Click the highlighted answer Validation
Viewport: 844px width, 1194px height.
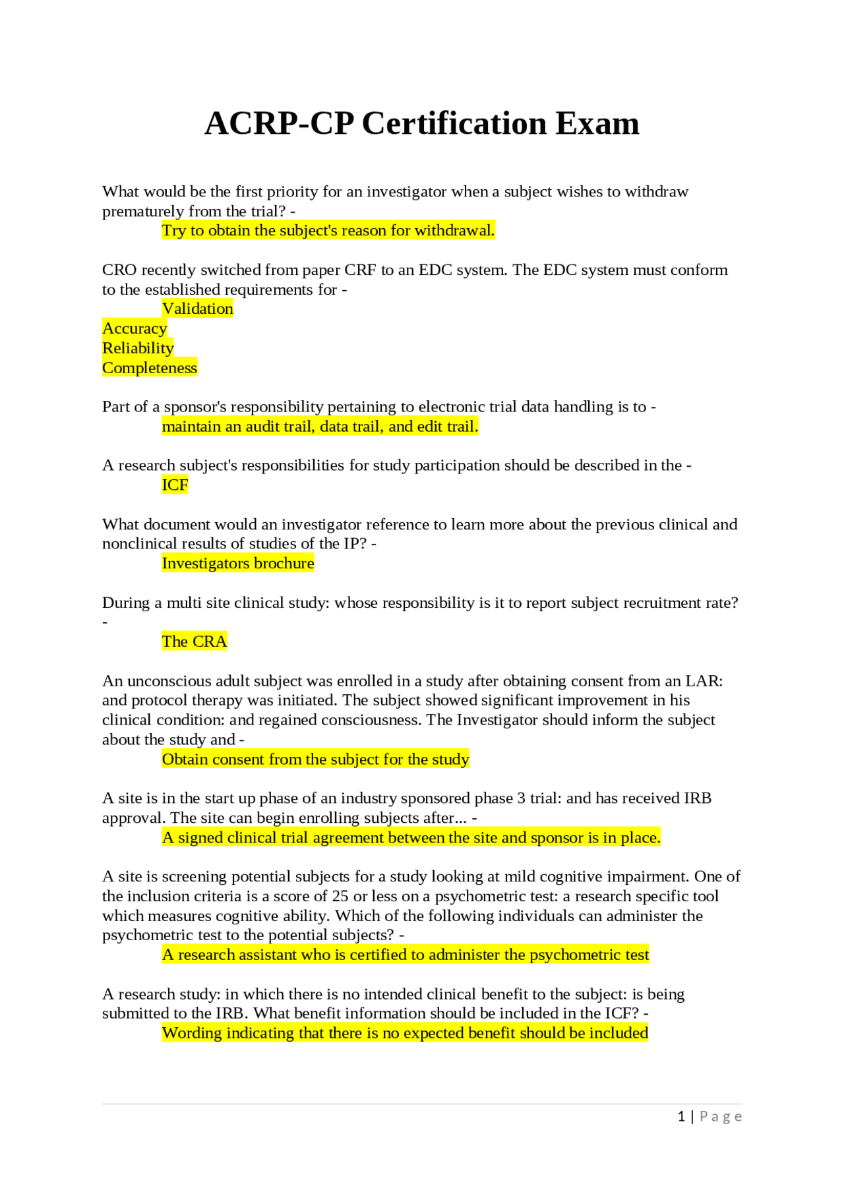point(197,309)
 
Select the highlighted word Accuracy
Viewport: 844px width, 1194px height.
point(135,328)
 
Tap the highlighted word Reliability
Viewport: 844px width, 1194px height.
point(138,348)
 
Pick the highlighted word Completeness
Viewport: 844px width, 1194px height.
point(150,368)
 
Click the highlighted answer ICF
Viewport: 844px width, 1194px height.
point(175,485)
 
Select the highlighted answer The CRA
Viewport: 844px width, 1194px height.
point(195,642)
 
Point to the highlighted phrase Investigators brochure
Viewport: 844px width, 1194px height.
point(238,563)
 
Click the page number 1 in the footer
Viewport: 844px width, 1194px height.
point(681,1116)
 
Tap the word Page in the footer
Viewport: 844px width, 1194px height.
point(721,1116)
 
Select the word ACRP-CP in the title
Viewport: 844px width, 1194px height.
point(279,123)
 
